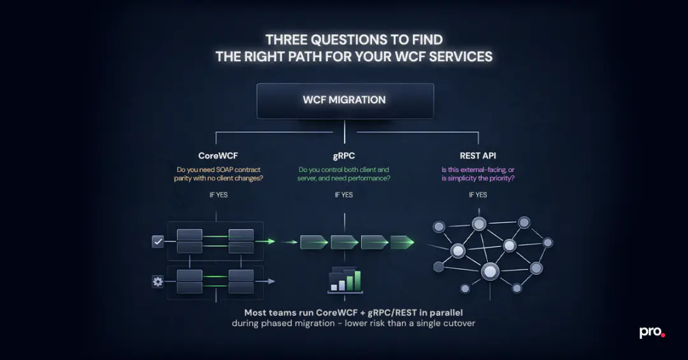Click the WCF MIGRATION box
345,100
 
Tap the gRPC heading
344,155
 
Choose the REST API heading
478,155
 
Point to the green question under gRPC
344,174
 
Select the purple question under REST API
478,174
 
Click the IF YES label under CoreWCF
218,195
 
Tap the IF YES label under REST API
478,195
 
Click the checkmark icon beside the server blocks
158,241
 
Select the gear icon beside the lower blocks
158,282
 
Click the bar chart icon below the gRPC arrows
345,281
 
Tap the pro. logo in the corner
652,333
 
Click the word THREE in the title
288,40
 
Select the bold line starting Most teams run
353,313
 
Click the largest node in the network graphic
489,272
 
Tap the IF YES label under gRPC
344,195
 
